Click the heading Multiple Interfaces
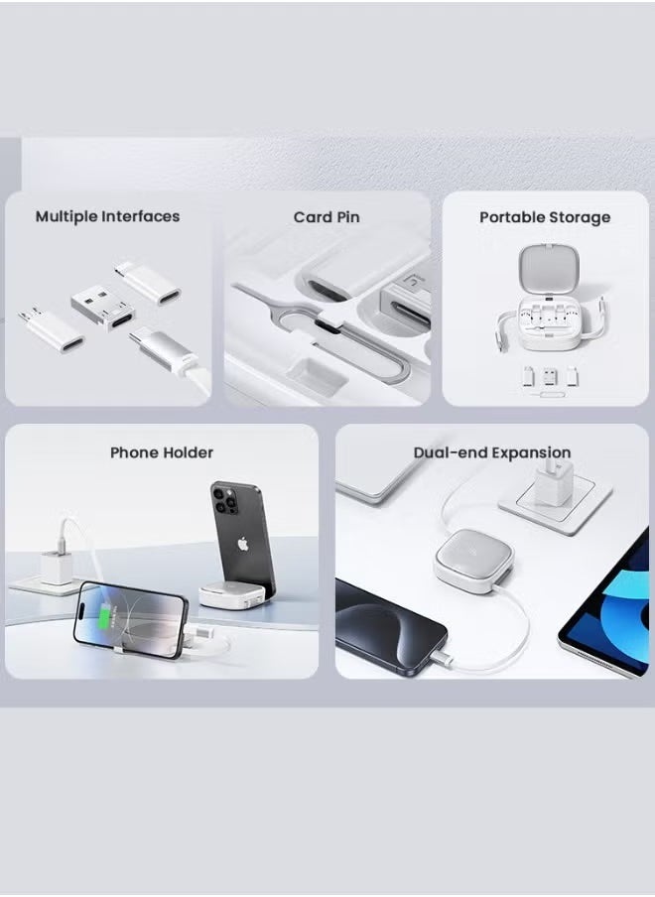click(107, 216)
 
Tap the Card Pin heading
click(327, 217)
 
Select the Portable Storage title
click(545, 217)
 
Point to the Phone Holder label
click(162, 452)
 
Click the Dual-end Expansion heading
click(492, 452)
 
